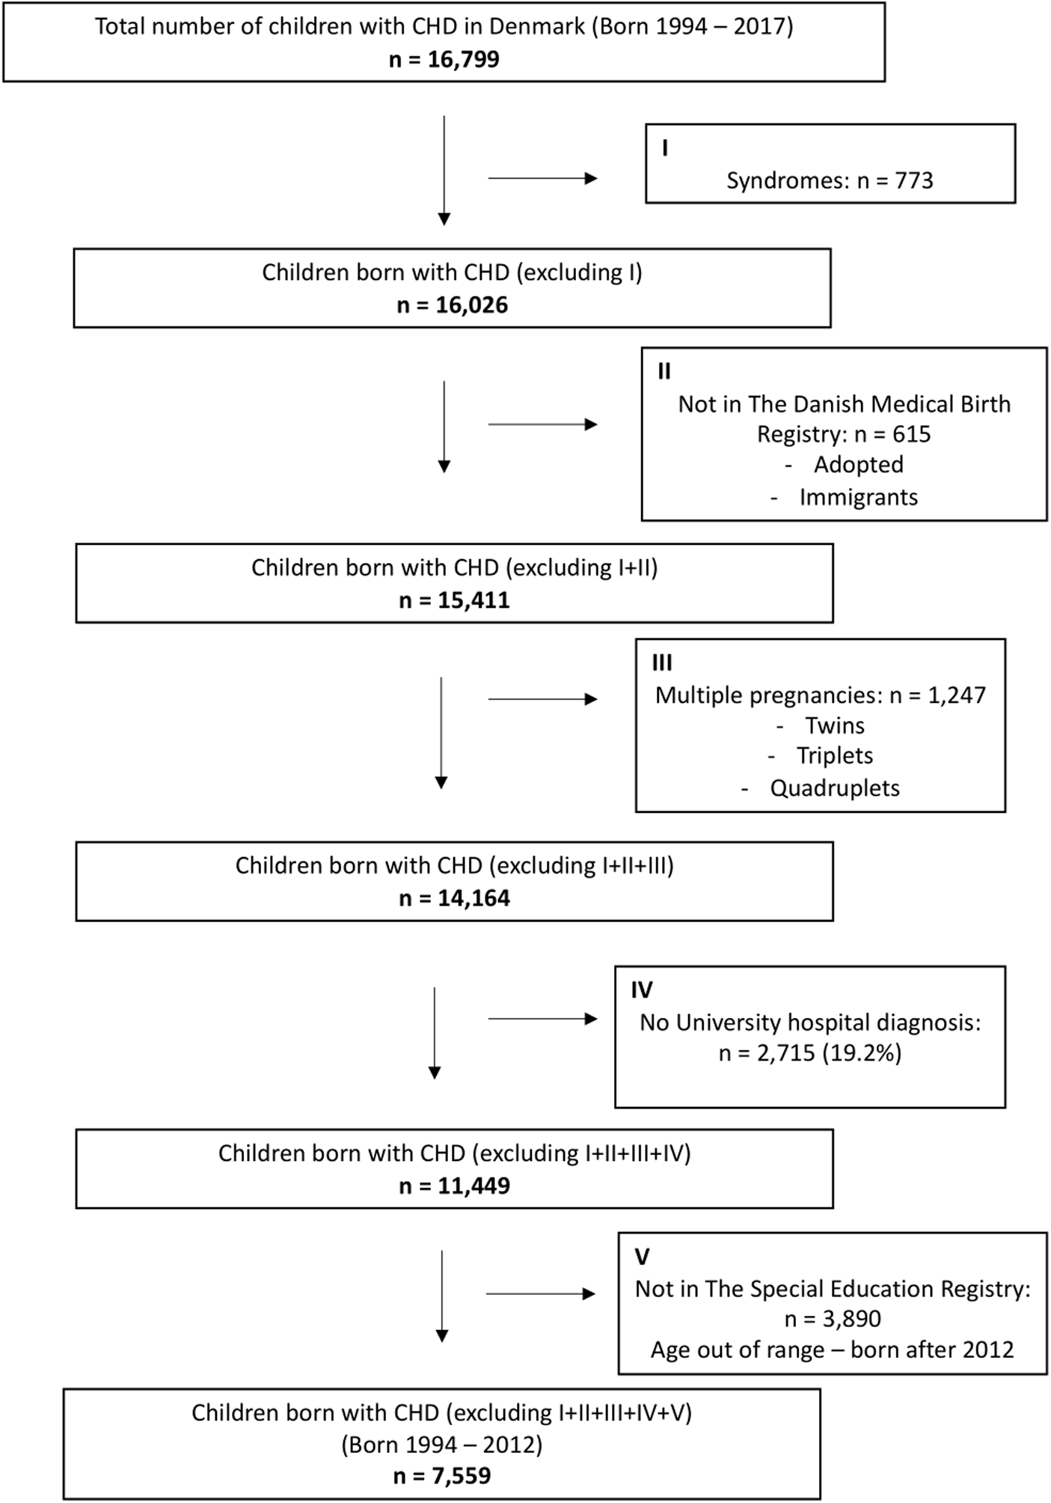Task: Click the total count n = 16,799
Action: click(444, 59)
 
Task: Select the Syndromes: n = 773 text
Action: click(830, 180)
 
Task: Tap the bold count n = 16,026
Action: click(452, 305)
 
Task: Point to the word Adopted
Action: click(858, 465)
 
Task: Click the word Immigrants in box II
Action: click(858, 497)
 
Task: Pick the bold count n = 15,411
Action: click(454, 600)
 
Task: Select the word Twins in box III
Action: click(834, 725)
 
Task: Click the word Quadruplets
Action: click(834, 788)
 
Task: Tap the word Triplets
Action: click(834, 756)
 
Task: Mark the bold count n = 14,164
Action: click(454, 897)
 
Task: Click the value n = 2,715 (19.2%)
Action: click(810, 1053)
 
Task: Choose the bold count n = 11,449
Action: click(454, 1186)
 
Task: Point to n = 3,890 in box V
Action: click(833, 1318)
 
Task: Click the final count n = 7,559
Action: click(441, 1475)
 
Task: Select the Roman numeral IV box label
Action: click(641, 990)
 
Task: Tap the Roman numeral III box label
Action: click(662, 662)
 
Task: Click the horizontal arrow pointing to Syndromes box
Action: click(542, 179)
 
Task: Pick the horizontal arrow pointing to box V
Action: click(540, 1293)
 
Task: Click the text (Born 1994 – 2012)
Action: click(441, 1444)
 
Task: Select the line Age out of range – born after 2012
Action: click(832, 1350)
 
